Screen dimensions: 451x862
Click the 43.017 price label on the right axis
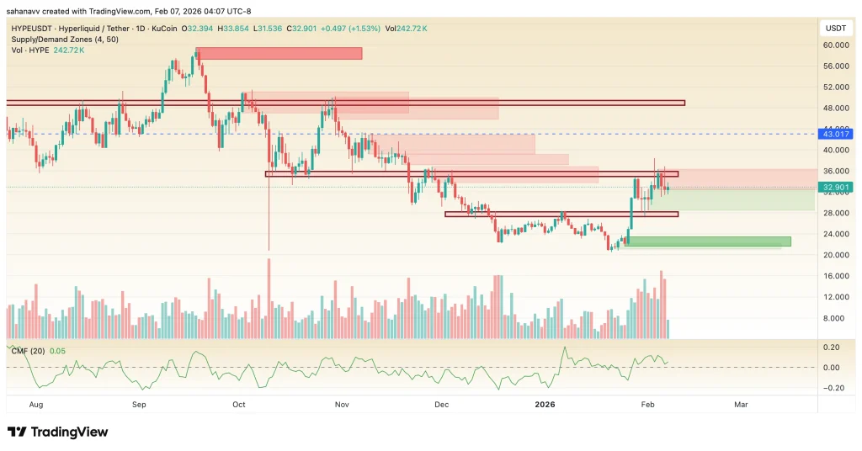click(x=837, y=134)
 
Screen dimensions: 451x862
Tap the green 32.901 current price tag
click(x=837, y=188)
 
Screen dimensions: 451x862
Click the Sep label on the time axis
click(x=141, y=404)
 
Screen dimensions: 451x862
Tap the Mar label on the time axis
click(x=741, y=404)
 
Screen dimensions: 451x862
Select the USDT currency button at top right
click(x=837, y=28)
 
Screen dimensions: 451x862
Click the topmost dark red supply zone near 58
click(x=279, y=53)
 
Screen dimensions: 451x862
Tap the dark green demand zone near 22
click(x=709, y=242)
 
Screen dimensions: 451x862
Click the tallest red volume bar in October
click(x=269, y=299)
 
